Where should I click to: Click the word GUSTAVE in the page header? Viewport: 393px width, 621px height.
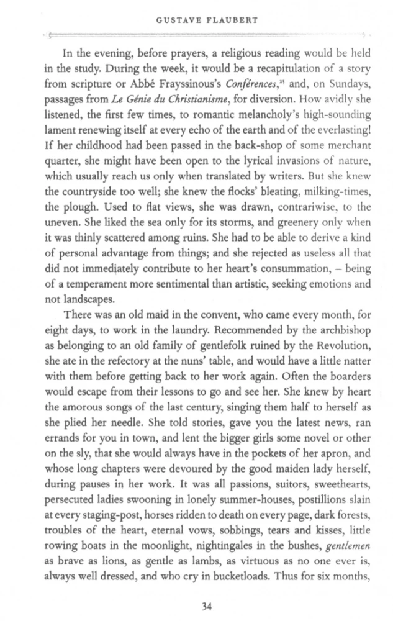point(171,18)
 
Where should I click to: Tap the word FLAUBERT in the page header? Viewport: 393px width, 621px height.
point(224,18)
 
